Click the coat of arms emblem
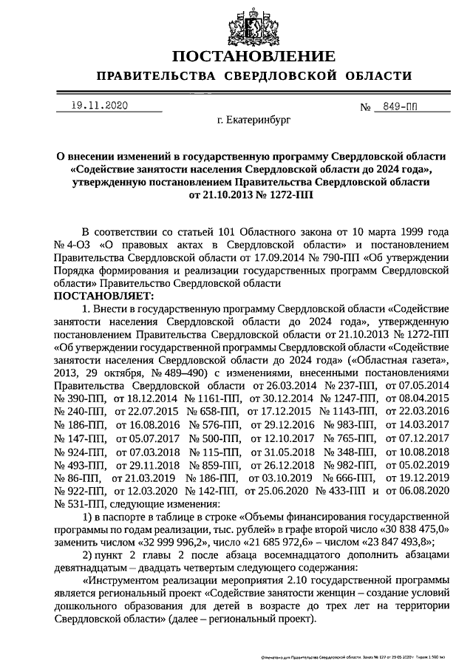[x=236, y=21]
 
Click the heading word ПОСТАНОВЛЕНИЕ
[x=236, y=56]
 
